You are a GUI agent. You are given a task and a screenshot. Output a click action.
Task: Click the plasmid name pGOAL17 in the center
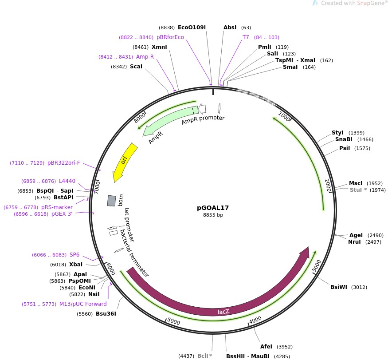[213, 207]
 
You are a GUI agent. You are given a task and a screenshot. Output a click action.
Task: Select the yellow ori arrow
[125, 162]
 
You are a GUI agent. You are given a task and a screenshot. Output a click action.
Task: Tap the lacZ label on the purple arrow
[223, 312]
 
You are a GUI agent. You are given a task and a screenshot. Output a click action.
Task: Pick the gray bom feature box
[111, 201]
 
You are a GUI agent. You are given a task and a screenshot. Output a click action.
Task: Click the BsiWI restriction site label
[339, 287]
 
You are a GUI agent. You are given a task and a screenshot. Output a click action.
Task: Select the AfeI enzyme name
[266, 347]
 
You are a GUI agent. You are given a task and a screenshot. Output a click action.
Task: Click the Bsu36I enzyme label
[106, 314]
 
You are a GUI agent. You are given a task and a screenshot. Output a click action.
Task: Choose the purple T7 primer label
[246, 37]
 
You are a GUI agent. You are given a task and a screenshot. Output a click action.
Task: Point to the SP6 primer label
[74, 255]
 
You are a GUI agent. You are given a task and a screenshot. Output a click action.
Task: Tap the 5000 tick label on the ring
[173, 321]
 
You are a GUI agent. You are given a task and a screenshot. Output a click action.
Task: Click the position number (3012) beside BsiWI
[359, 287]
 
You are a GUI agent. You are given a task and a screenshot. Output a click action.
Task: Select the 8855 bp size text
[213, 215]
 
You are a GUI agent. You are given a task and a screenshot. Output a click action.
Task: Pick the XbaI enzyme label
[76, 265]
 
